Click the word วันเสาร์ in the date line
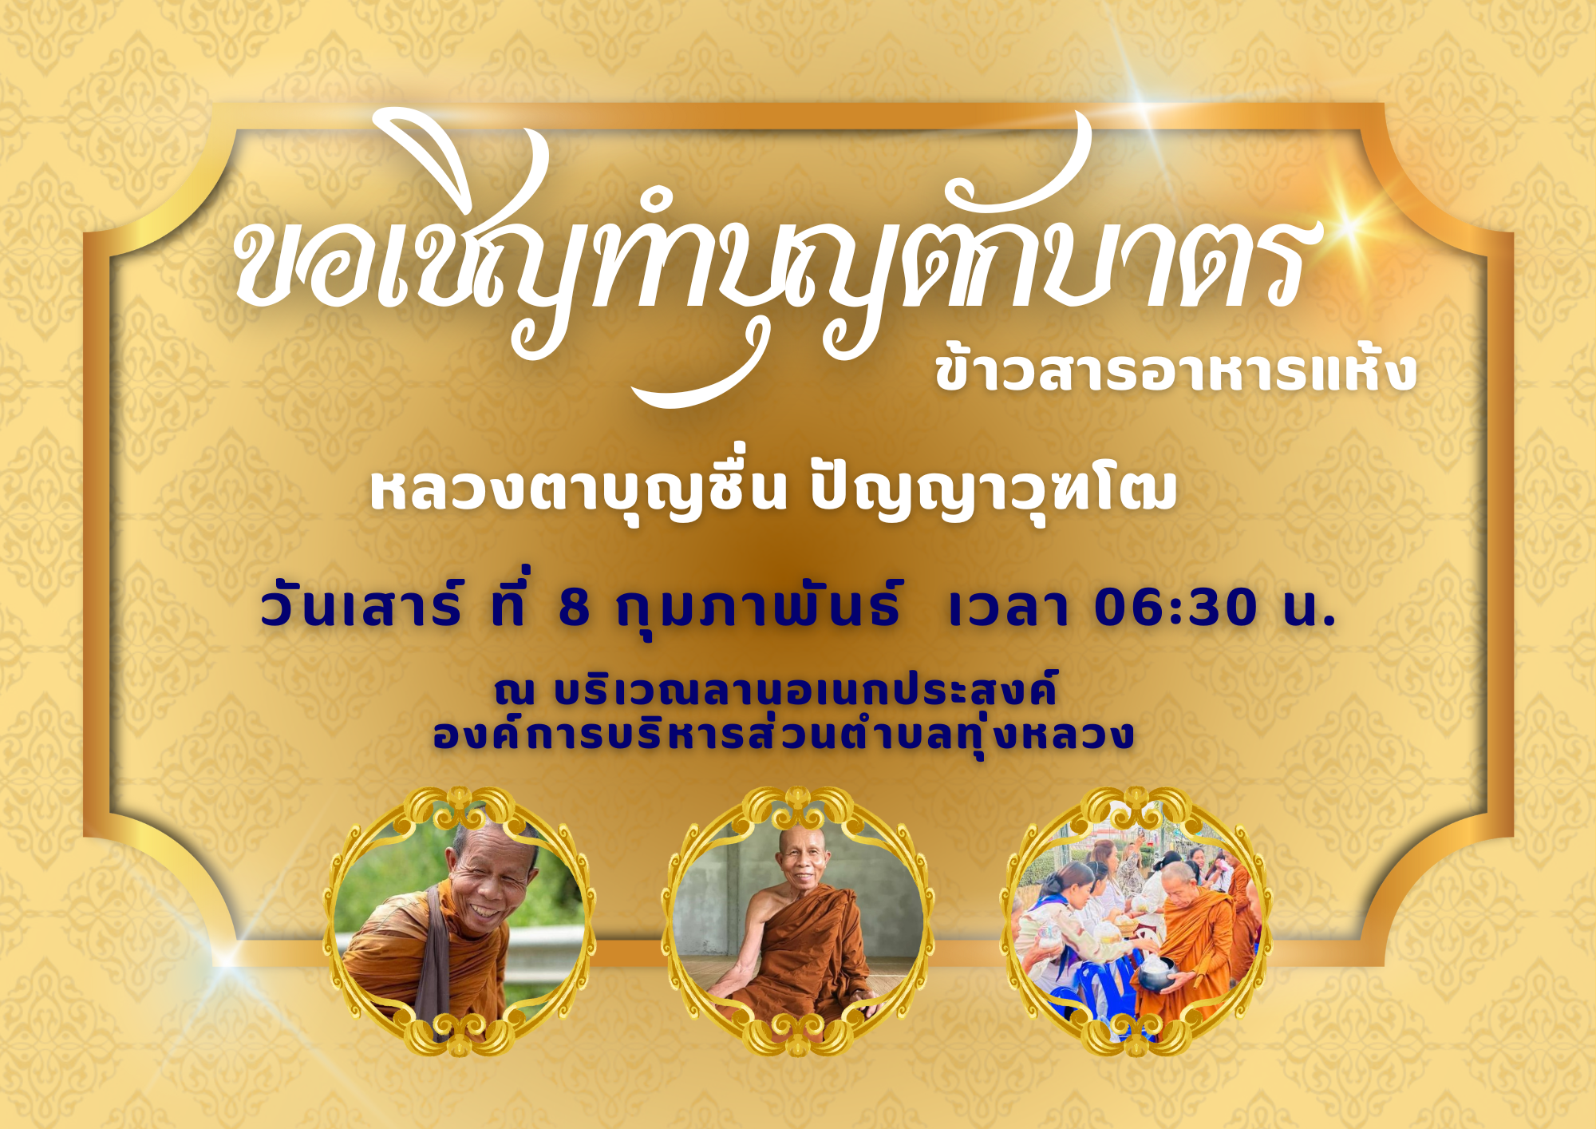[x=361, y=607]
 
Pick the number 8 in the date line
[x=574, y=608]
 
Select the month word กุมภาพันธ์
[x=759, y=607]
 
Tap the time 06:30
[x=1177, y=608]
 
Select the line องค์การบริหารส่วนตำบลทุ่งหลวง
[x=783, y=735]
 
